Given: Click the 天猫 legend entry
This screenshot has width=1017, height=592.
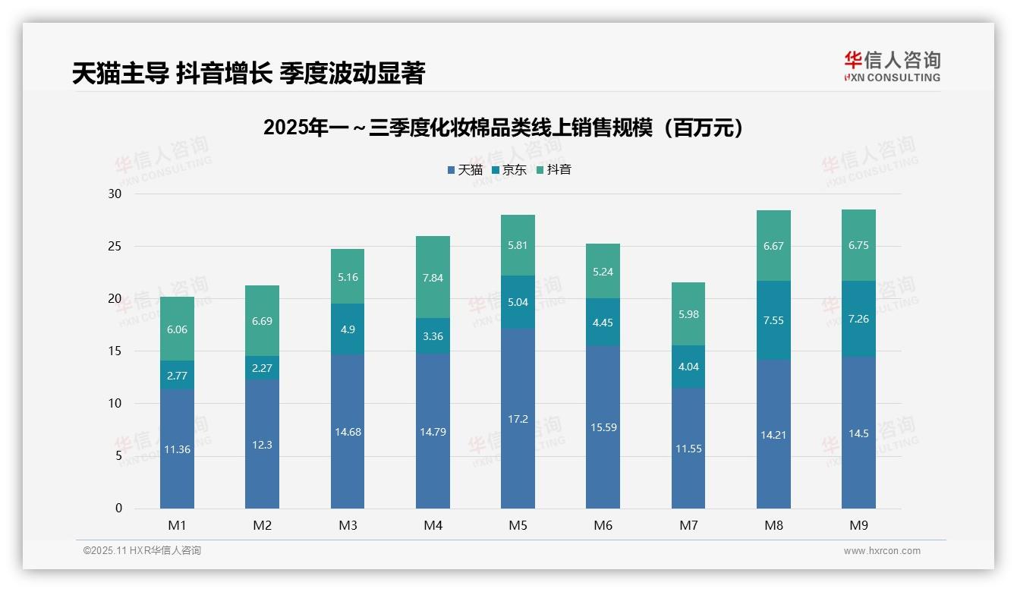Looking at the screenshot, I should point(464,170).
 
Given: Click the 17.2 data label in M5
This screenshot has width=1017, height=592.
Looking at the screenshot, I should point(518,419).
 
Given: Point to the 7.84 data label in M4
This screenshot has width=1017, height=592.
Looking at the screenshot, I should point(433,278).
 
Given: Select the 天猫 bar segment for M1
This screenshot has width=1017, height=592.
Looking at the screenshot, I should point(177,449).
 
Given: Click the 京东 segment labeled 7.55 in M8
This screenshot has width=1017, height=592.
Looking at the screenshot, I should point(773,320).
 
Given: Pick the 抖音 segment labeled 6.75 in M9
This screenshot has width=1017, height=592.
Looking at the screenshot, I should point(858,245).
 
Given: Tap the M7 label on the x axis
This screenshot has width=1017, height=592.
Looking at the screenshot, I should point(688,525).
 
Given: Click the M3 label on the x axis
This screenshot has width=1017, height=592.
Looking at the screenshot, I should point(348,525).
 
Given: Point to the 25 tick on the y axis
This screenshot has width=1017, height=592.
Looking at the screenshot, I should point(115,246).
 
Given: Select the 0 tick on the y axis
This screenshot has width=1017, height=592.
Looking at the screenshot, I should point(118,509).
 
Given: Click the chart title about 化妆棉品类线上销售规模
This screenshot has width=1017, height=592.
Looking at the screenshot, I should point(504,128).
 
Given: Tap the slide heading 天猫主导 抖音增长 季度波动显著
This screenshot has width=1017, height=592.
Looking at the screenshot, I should point(248,73).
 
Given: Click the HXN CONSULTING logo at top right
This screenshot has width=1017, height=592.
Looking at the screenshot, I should point(892,67).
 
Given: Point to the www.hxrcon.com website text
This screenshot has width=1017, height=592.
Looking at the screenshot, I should point(882,551).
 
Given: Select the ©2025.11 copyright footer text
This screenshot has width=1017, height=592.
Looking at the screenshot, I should point(142,551).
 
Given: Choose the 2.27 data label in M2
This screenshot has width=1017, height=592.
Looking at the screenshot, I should point(262,368).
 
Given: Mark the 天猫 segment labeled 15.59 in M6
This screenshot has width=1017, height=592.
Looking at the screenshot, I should point(603,427).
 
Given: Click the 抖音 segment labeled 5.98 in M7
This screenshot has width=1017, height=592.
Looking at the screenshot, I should point(688,315).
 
